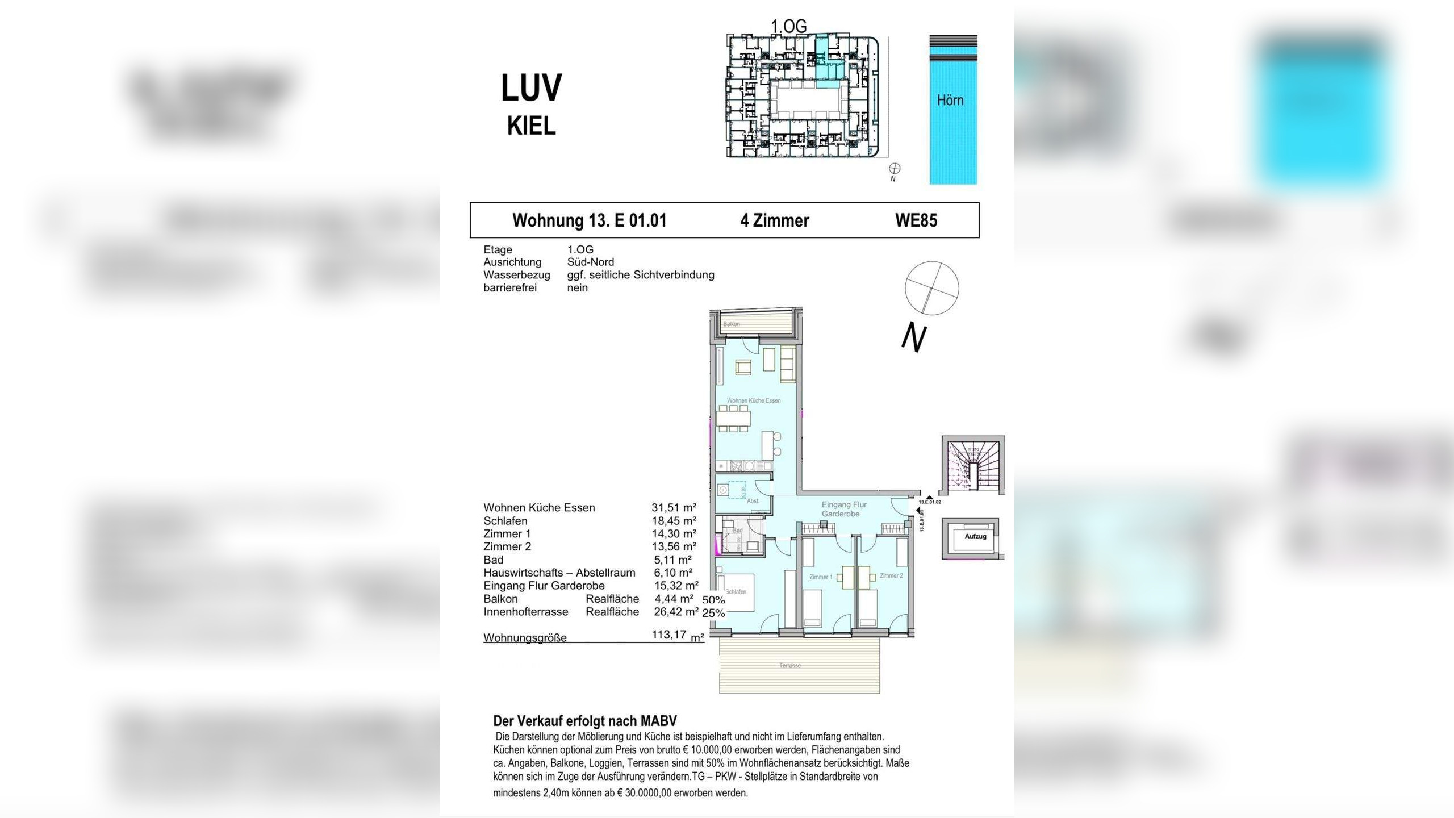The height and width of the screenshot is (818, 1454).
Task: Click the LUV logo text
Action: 531,88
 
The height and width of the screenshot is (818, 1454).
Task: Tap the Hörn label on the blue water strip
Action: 950,101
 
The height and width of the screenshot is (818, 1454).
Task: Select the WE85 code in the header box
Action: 916,220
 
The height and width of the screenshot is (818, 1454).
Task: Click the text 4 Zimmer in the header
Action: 774,220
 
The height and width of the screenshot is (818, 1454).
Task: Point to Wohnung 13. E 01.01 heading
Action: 589,220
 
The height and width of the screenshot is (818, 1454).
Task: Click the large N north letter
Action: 914,337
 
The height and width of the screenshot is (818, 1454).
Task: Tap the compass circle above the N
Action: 931,288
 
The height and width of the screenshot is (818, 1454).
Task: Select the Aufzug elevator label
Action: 975,536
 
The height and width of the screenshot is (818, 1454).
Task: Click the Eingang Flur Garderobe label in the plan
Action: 843,509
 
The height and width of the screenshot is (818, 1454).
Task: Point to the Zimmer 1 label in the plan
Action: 820,577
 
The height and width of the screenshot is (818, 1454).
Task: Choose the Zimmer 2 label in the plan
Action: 891,576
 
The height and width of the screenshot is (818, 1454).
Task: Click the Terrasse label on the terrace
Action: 789,666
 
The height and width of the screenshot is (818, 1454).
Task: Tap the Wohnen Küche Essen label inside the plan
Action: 753,400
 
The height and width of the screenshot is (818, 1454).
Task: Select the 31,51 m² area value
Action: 674,508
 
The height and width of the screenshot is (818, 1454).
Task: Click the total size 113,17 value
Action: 669,635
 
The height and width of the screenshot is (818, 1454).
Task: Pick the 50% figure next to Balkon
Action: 713,600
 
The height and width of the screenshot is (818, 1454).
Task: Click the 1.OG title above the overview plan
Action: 788,26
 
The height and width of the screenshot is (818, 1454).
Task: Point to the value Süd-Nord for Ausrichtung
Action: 590,262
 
